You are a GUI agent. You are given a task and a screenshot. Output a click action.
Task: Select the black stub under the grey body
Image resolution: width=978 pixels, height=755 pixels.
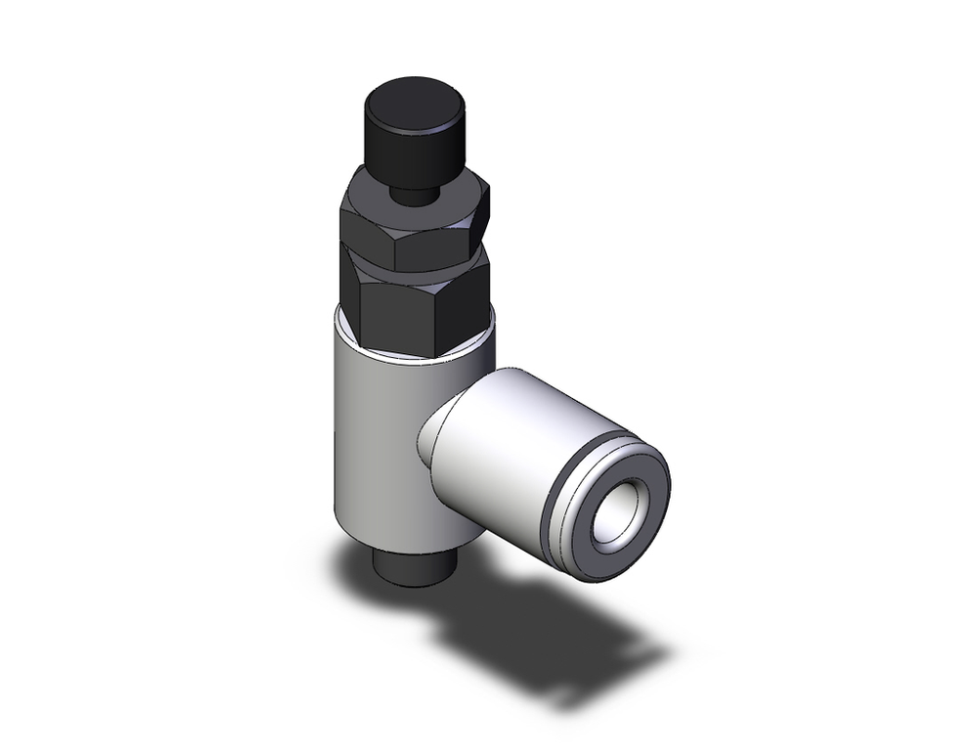pos(407,568)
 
